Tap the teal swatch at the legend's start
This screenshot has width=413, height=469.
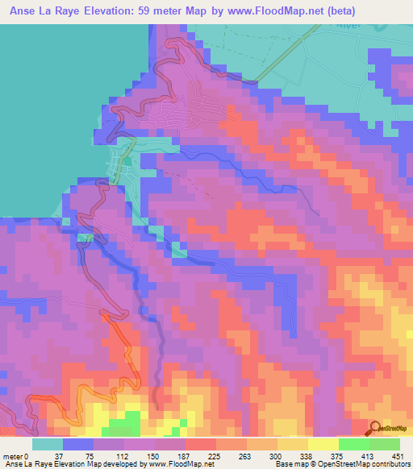(x=48, y=444)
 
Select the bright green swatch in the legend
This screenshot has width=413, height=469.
(x=353, y=444)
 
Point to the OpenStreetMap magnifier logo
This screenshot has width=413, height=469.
(x=374, y=427)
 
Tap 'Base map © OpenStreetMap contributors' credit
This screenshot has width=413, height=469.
(x=342, y=464)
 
